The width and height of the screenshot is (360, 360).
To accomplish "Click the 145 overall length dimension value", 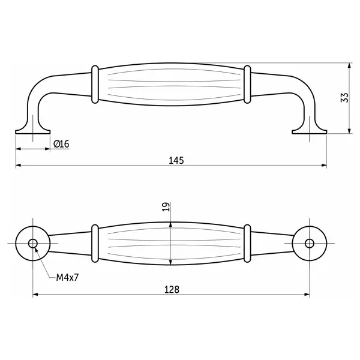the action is pyautogui.click(x=176, y=160).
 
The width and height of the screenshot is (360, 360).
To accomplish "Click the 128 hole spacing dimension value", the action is pyautogui.click(x=172, y=290).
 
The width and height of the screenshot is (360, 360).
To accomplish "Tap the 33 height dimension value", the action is pyautogui.click(x=344, y=98).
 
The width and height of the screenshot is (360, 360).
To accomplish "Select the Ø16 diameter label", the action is pyautogui.click(x=61, y=144).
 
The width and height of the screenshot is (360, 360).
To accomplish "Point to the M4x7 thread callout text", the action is pyautogui.click(x=67, y=277).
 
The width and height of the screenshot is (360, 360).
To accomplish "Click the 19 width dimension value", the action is pyautogui.click(x=166, y=207).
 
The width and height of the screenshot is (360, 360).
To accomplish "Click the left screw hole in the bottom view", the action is pyautogui.click(x=33, y=244).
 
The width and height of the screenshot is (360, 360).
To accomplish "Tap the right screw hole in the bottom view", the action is pyautogui.click(x=310, y=244).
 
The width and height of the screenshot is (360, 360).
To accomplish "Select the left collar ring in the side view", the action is pyautogui.click(x=95, y=85).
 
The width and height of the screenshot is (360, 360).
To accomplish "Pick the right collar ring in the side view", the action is pyautogui.click(x=247, y=85).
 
